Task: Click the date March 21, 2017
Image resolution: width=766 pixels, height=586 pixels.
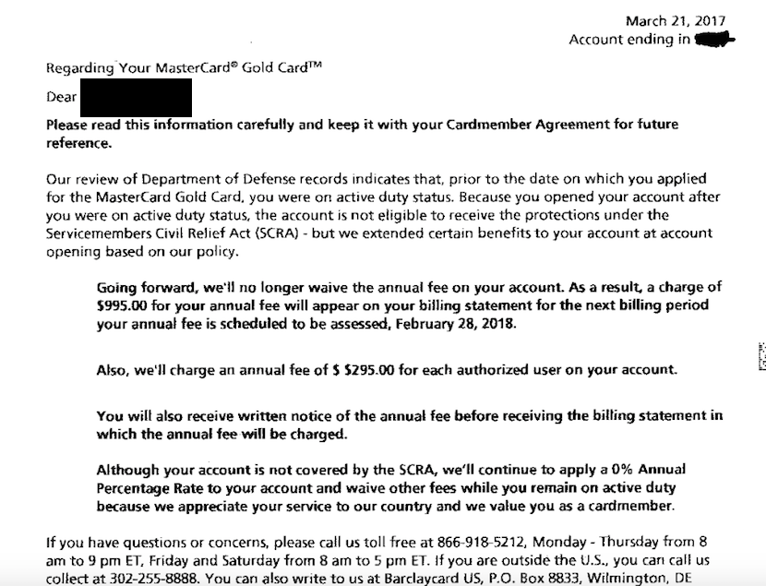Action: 676,21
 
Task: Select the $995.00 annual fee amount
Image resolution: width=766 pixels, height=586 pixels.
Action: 125,305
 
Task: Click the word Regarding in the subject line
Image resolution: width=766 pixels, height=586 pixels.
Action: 78,67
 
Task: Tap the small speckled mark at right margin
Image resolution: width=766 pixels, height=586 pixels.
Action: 761,357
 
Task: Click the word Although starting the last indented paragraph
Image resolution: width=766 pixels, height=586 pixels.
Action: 130,470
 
